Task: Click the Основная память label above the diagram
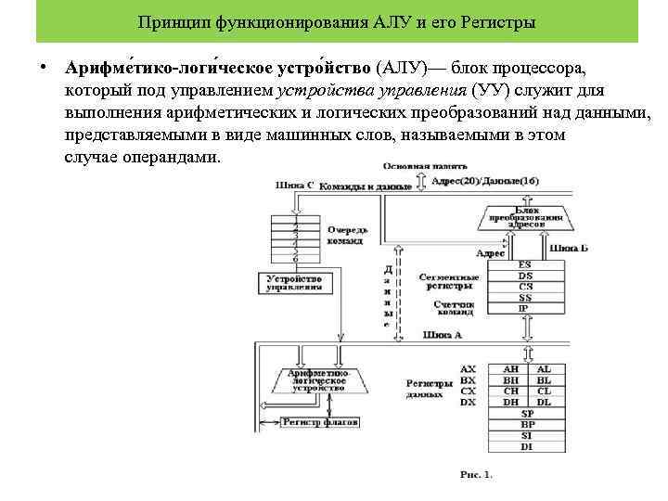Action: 420,166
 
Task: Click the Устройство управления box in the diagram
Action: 293,283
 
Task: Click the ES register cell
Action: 525,264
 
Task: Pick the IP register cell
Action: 525,308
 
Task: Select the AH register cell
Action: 511,368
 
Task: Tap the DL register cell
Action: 544,402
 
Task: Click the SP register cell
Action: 526,413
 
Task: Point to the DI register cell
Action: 526,446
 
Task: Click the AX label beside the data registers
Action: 469,368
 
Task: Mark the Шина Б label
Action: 568,249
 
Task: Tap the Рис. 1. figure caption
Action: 476,475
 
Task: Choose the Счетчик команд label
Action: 453,307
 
